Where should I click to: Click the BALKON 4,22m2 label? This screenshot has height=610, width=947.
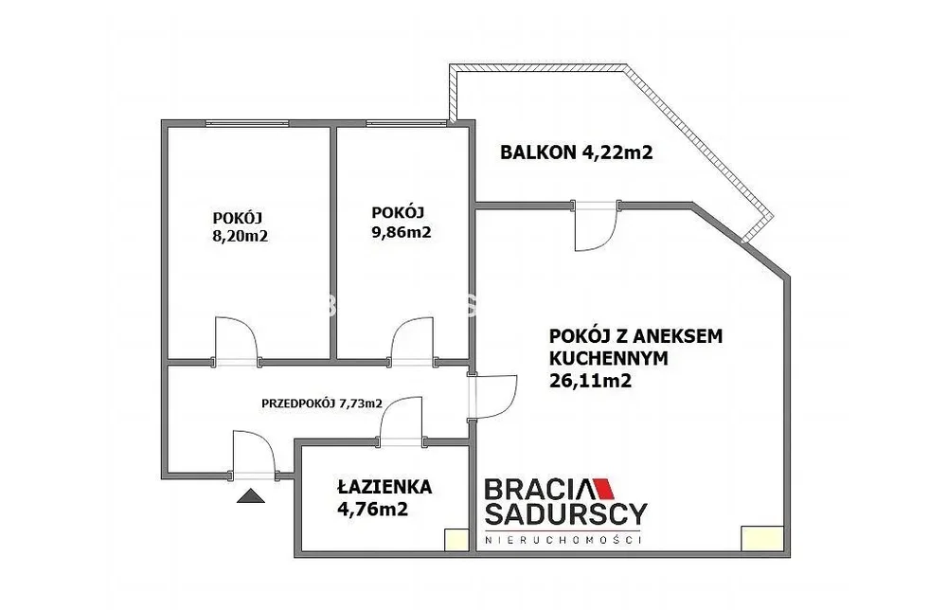coord(576,152)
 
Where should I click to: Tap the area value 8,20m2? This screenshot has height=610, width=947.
coord(240,236)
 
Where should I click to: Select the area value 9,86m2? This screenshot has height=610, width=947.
coord(401,232)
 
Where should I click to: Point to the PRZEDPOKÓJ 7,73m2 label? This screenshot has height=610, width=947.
coord(322,404)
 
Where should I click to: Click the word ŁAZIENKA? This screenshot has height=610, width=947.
coord(384,487)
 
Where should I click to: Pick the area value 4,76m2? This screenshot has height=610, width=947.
coord(372,510)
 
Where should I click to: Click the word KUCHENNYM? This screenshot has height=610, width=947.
coord(609,358)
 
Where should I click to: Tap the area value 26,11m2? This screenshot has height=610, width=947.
coord(590,381)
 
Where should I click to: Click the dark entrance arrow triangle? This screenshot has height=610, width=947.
coord(251,496)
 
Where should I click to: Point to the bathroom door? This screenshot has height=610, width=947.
coord(400,422)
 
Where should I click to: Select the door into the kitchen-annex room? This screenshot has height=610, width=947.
coord(492,396)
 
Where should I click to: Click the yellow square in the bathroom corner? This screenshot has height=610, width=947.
coord(456,540)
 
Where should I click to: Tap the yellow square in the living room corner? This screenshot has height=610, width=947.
coord(764,538)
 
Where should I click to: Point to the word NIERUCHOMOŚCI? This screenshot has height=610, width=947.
coord(563,539)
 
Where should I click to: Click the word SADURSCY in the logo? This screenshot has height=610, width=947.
coord(566,513)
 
